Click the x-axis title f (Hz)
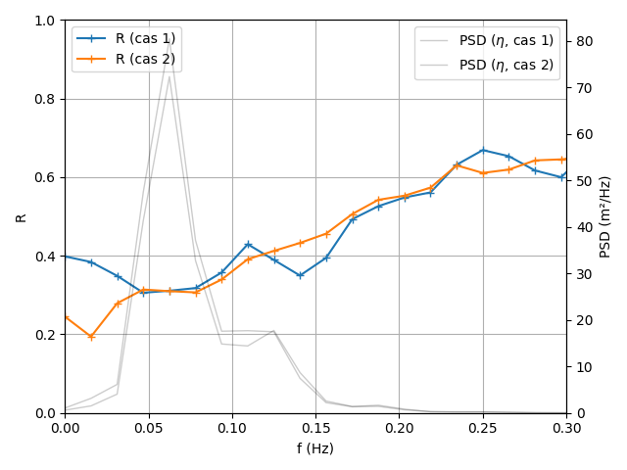pos(315,448)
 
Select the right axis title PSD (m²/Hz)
pos(605,216)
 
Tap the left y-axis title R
pos(21,216)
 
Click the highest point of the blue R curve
pos(482,150)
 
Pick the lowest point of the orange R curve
pos(91,337)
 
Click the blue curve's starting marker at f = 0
pos(66,256)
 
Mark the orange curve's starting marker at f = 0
pos(66,316)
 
